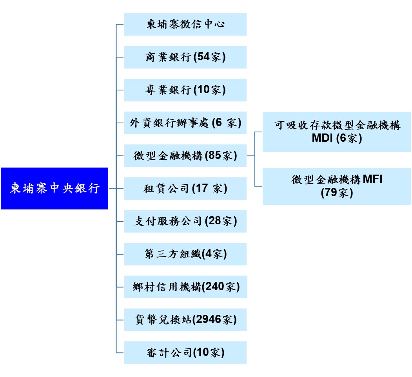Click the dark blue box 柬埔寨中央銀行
point(54,188)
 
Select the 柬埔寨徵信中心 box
point(185,24)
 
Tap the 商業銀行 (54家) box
point(185,57)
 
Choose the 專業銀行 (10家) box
point(185,90)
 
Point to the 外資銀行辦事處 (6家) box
point(185,123)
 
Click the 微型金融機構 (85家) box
point(185,155)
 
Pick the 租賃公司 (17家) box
point(185,188)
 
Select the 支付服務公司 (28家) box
point(185,221)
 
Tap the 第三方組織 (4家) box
point(185,254)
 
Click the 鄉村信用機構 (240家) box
point(185,287)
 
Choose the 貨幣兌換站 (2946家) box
point(185,320)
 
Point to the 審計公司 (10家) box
point(185,352)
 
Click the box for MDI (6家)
point(336,132)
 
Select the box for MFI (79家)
point(336,186)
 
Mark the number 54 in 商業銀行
point(204,58)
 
